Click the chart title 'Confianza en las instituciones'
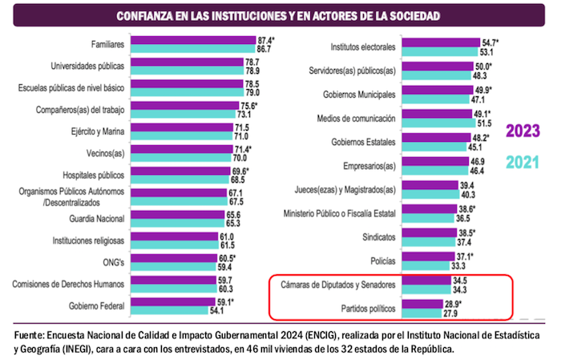click(280, 16)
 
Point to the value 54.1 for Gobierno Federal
click(239, 309)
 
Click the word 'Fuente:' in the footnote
click(30, 334)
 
